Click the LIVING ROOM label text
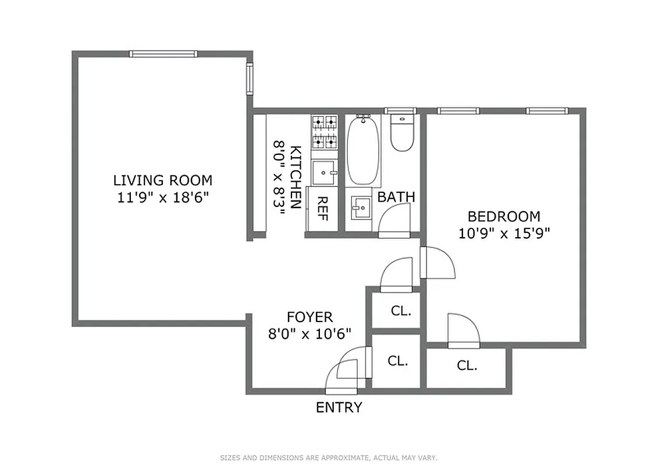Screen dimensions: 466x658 pos(162,180)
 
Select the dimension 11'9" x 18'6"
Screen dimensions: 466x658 pos(162,197)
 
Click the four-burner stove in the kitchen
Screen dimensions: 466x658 pos(325,132)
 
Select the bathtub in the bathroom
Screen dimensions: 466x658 pos(364,150)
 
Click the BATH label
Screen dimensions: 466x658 pos(396,197)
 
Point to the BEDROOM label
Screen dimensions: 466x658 pos(504,217)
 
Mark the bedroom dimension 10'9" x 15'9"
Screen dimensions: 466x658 pos(504,234)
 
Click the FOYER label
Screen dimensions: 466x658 pos(310,317)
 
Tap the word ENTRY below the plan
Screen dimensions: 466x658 pos(339,408)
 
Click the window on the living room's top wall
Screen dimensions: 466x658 pos(163,54)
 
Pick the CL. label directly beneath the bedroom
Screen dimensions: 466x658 pos(467,366)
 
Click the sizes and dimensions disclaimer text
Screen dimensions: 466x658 pos(329,458)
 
